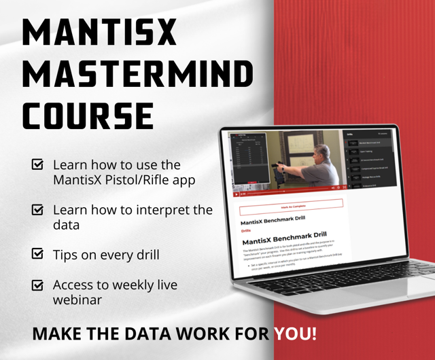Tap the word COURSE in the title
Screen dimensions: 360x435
point(88,116)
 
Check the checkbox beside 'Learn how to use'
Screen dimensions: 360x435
point(38,164)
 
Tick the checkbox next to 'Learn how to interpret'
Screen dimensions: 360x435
point(38,211)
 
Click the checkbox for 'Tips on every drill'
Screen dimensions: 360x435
point(38,254)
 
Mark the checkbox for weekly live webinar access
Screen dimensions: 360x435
point(38,285)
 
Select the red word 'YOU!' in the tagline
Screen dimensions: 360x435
point(294,334)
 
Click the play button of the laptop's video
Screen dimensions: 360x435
point(237,194)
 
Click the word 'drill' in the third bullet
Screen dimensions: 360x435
point(144,255)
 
